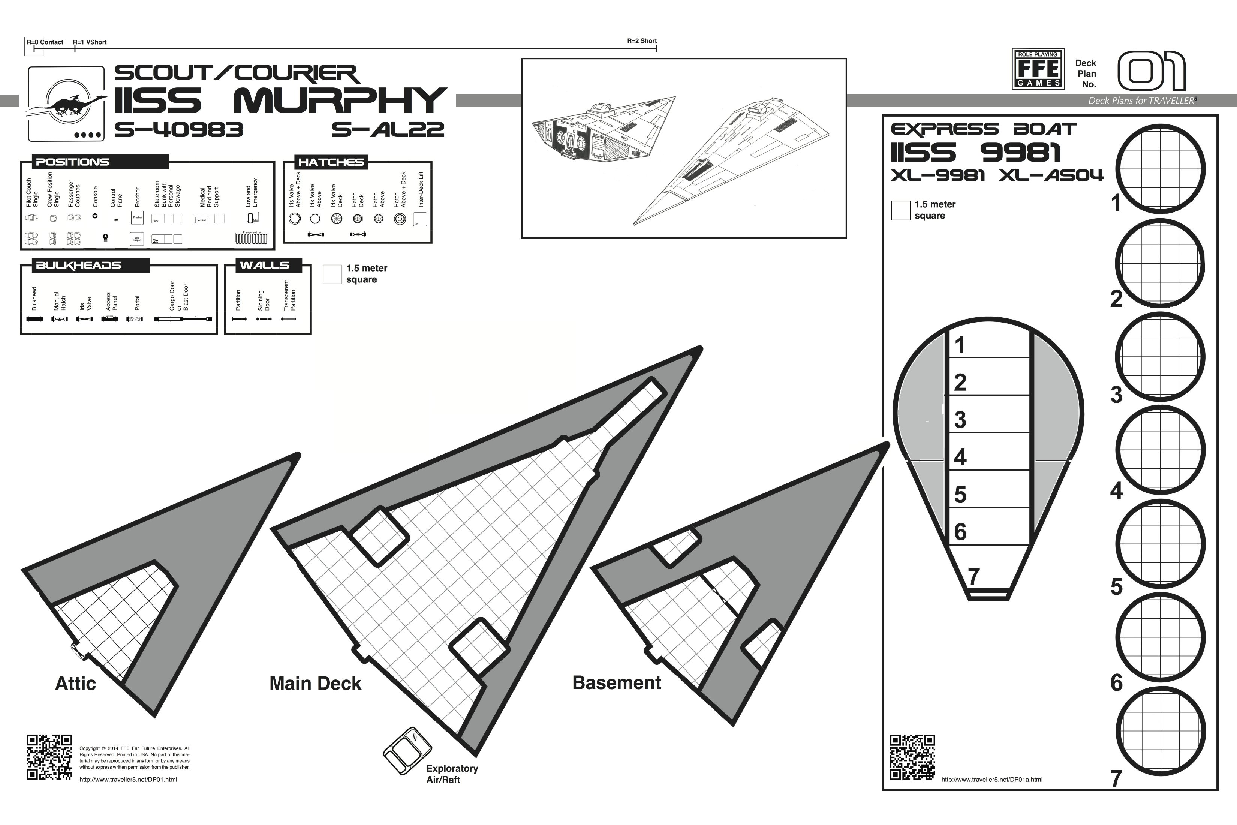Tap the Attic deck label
click(x=76, y=684)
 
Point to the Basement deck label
click(x=616, y=682)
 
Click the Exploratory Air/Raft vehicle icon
click(x=407, y=751)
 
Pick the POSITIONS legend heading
click(x=73, y=162)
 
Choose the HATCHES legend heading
click(x=331, y=162)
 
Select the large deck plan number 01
click(x=1151, y=72)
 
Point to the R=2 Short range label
click(x=642, y=41)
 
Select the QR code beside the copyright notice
click(x=49, y=757)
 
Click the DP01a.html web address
click(x=991, y=780)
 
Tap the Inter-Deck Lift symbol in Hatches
click(x=420, y=219)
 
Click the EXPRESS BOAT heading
click(x=984, y=129)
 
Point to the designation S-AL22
click(x=388, y=129)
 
